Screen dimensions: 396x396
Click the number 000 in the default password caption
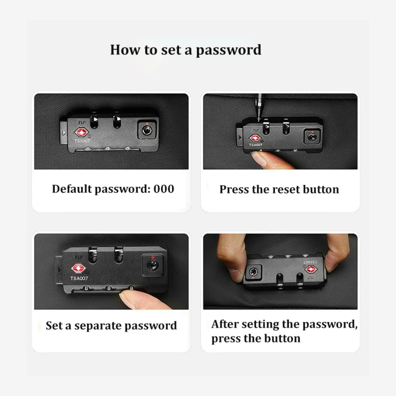(x=164, y=189)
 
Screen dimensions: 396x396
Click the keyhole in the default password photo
(x=147, y=130)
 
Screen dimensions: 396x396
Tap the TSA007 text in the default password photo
(x=82, y=141)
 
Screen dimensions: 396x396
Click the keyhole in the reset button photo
(x=312, y=137)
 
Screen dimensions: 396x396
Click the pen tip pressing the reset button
(x=259, y=119)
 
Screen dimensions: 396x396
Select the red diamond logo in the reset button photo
(x=255, y=138)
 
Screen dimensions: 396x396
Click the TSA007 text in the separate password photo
(x=79, y=278)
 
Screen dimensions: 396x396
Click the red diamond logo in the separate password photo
(x=78, y=268)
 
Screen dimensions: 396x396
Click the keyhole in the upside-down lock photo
(x=253, y=272)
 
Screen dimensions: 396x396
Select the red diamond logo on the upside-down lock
(x=311, y=270)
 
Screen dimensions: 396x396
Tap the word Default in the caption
(x=72, y=189)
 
